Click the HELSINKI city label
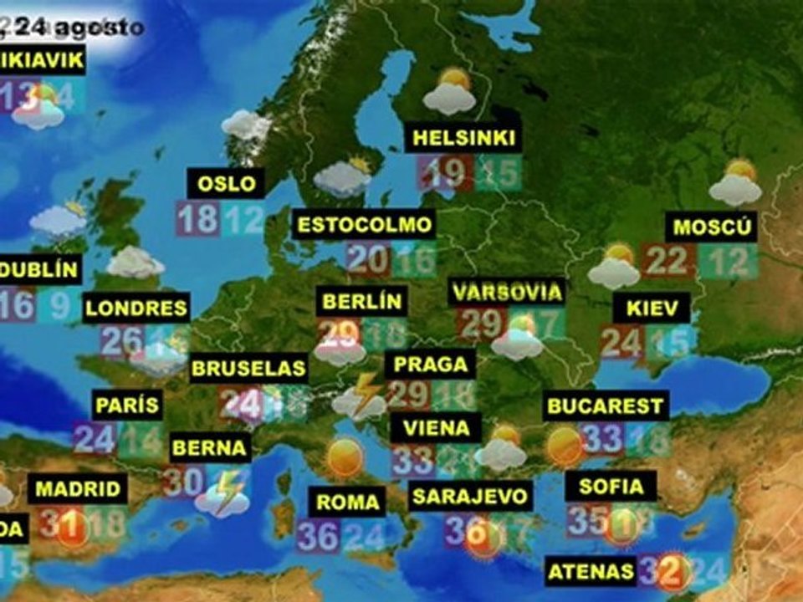click(463, 138)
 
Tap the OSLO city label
click(226, 183)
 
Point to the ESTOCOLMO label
click(366, 224)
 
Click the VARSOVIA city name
click(506, 293)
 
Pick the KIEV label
click(652, 308)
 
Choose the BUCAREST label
click(605, 407)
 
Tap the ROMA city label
click(348, 503)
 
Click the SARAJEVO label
click(471, 497)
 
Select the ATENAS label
click(591, 572)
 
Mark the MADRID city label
click(79, 488)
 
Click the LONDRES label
click(136, 308)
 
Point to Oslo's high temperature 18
click(197, 219)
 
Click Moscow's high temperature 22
click(667, 261)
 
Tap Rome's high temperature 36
click(318, 536)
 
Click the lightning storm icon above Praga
click(361, 395)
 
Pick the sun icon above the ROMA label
click(345, 457)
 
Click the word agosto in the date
click(108, 28)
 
